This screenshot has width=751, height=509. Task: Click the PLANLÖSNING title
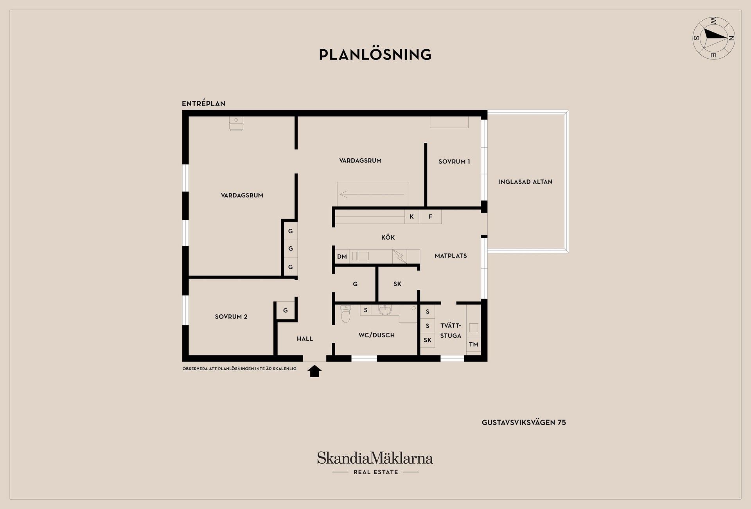(x=375, y=55)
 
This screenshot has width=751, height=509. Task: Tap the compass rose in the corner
(x=713, y=38)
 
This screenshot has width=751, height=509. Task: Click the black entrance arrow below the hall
(x=314, y=371)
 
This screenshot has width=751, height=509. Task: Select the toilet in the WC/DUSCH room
(x=345, y=314)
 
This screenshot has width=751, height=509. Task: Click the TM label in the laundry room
(x=473, y=344)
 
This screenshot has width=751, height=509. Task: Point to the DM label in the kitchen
(x=342, y=257)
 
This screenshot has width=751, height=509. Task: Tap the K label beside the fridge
(x=411, y=217)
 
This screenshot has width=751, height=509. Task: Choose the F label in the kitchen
(x=430, y=217)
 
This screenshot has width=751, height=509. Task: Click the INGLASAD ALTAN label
(x=525, y=182)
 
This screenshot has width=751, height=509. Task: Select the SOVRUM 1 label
(x=454, y=161)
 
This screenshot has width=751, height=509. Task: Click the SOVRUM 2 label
(x=231, y=317)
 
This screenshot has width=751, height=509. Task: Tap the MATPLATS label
(x=451, y=256)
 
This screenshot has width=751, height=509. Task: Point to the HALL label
(x=305, y=339)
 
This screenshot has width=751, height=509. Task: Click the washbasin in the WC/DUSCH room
(x=385, y=310)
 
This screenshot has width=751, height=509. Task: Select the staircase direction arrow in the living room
(x=372, y=194)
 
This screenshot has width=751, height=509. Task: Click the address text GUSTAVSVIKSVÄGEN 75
(x=524, y=423)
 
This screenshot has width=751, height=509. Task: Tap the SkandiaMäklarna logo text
(x=375, y=458)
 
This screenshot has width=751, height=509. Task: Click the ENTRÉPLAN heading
(x=203, y=104)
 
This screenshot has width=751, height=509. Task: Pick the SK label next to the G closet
(x=397, y=284)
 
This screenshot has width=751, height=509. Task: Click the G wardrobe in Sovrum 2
(x=286, y=310)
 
